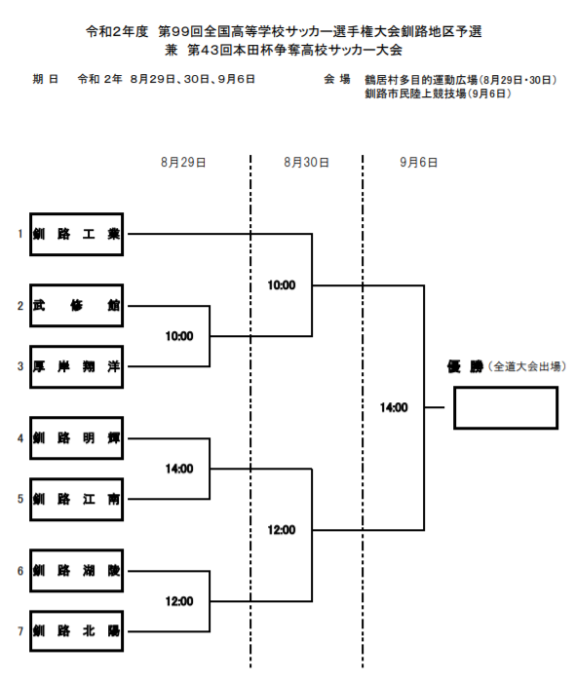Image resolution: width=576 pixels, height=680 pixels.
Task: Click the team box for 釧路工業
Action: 76,234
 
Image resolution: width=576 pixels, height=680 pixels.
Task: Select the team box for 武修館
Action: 76,305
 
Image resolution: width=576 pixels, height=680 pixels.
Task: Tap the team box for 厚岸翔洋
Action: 76,366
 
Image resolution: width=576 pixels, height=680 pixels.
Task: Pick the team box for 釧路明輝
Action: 76,437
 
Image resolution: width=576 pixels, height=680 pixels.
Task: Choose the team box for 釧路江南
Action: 76,499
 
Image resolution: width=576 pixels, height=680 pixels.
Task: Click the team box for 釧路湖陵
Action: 76,570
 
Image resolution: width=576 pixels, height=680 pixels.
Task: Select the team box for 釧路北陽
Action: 76,630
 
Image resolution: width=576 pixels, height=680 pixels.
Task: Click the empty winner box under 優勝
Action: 505,407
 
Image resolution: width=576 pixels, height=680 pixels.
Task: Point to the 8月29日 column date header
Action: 183,163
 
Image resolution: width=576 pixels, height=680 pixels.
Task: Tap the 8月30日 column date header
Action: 306,163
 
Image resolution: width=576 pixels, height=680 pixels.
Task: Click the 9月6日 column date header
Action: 418,163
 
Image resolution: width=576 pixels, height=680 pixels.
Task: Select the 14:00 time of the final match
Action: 394,407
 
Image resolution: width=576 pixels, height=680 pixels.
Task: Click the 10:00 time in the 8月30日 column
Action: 281,285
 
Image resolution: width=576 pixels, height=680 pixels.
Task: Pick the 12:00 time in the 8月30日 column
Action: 281,530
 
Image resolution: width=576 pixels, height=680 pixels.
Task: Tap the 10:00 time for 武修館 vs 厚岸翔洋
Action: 179,336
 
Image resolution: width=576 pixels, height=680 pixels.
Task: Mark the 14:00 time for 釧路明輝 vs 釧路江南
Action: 179,469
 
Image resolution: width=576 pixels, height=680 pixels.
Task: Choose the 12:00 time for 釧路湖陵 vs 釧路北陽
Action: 179,600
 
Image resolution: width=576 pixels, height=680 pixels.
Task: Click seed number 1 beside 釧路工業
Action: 19,234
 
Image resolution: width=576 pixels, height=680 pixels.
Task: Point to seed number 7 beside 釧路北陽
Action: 19,631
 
